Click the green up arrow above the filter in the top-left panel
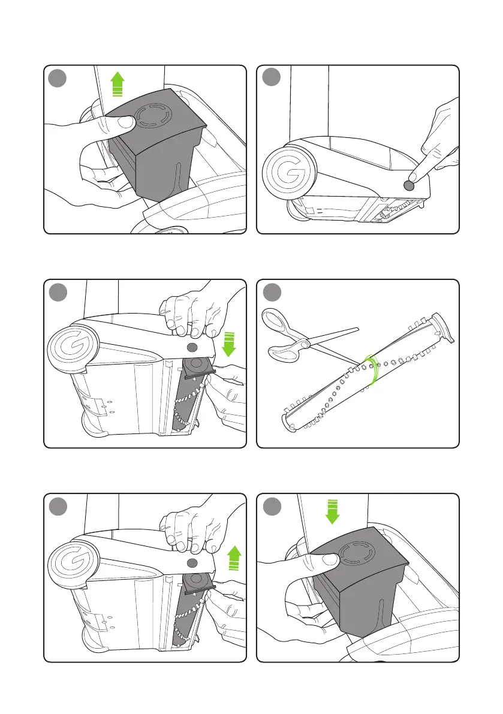pyautogui.click(x=118, y=84)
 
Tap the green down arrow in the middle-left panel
pyautogui.click(x=229, y=344)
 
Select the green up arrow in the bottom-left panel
pyautogui.click(x=234, y=558)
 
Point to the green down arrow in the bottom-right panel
pyautogui.click(x=333, y=511)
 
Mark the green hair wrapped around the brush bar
pyautogui.click(x=372, y=370)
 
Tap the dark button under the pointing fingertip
pyautogui.click(x=409, y=185)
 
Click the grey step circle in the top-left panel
pyautogui.click(x=58, y=78)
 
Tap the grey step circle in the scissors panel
pyautogui.click(x=272, y=292)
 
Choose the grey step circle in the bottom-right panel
pyautogui.click(x=272, y=506)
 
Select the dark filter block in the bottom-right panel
pyautogui.click(x=360, y=580)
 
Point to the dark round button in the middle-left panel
pyautogui.click(x=192, y=348)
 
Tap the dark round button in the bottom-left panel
pyautogui.click(x=192, y=563)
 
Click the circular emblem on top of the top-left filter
pyautogui.click(x=155, y=116)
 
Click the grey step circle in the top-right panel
pyautogui.click(x=272, y=77)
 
